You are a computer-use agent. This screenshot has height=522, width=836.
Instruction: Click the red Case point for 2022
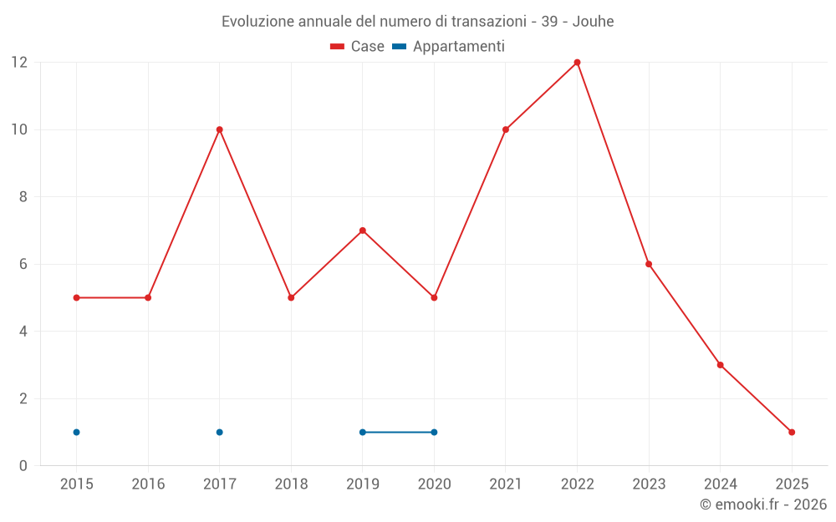tap(577, 63)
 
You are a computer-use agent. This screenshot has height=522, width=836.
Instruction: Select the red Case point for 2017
tap(219, 129)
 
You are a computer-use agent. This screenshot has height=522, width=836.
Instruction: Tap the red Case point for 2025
tap(792, 432)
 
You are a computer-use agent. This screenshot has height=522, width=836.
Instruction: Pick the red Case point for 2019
tap(363, 231)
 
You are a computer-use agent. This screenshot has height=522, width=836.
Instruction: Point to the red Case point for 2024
tap(720, 365)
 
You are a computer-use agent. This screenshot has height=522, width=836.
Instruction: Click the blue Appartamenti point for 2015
tap(76, 432)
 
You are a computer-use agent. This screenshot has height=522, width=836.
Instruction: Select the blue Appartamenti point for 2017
tap(219, 432)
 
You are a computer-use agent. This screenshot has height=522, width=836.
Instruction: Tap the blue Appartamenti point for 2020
tap(434, 432)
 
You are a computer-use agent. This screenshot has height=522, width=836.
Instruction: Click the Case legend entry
tap(358, 47)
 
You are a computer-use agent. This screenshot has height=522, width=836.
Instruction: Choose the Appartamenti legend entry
tap(449, 47)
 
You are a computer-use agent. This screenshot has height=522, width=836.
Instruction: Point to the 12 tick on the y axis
tap(19, 63)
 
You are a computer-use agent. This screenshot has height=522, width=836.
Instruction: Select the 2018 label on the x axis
tap(291, 484)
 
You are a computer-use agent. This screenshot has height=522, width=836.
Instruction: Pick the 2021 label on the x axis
tap(506, 484)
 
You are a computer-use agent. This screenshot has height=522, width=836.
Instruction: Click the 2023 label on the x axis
tap(649, 484)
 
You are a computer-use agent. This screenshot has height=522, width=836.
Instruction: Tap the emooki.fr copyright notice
tap(762, 504)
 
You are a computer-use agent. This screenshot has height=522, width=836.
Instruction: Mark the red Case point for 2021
tap(506, 129)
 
